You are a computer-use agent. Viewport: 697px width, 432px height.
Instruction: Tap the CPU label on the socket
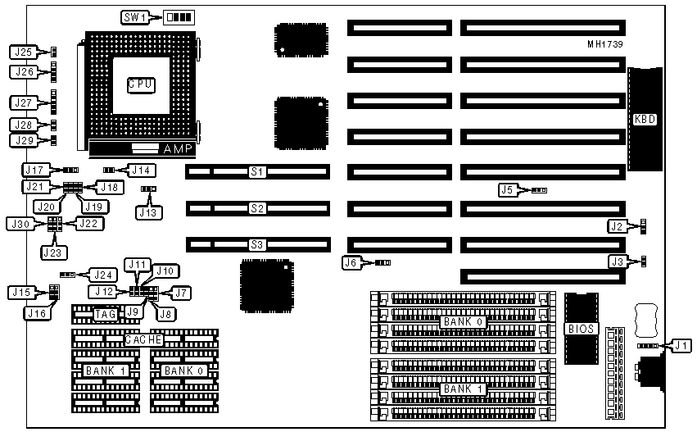141,84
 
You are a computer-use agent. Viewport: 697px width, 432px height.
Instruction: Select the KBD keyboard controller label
645,119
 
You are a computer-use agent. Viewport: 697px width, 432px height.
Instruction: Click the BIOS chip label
581,329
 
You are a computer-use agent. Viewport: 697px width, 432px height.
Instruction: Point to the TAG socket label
106,314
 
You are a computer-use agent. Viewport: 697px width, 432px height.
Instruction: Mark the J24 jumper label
102,275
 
